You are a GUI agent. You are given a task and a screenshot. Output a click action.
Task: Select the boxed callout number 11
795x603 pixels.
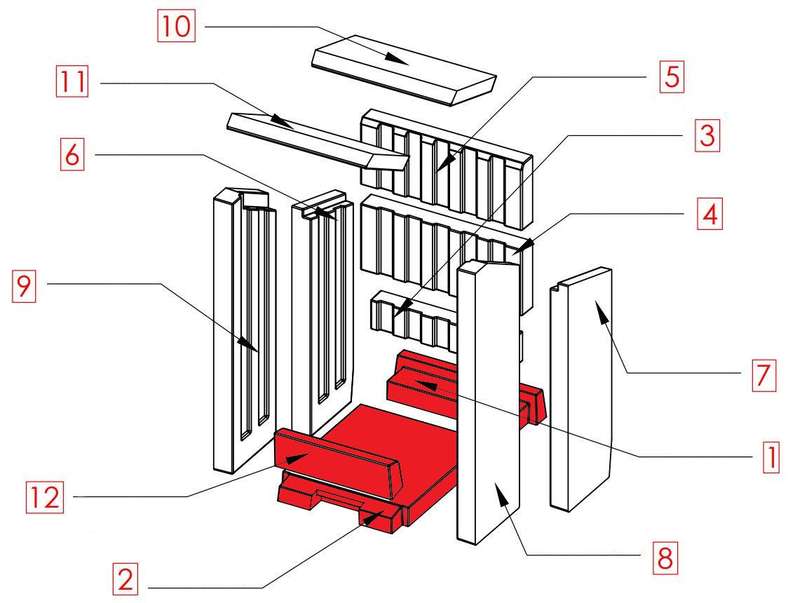(72, 83)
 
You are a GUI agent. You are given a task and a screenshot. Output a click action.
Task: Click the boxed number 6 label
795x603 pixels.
(72, 154)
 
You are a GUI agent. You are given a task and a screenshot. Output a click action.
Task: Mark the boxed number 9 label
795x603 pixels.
(24, 287)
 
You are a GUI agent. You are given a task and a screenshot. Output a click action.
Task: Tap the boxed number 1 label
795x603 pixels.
(770, 458)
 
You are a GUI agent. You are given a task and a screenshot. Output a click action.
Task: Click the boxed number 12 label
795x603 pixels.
(42, 497)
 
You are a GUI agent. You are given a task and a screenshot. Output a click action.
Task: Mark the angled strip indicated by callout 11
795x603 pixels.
(308, 137)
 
